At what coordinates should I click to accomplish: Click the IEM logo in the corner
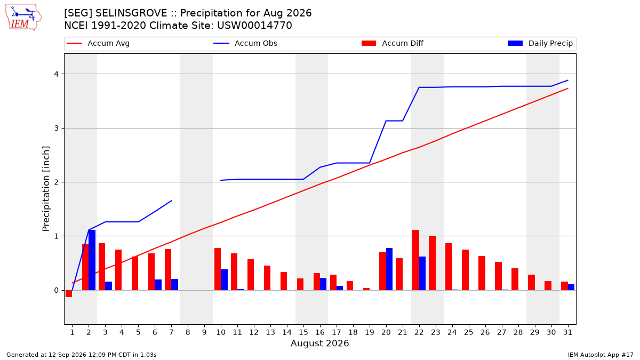pos(23,18)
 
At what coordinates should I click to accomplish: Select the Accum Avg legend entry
pos(98,43)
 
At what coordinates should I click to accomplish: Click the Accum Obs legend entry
pos(245,43)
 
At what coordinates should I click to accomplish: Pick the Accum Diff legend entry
pos(393,43)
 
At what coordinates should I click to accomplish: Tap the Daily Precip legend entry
pos(540,43)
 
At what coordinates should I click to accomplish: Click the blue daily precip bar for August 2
pos(92,260)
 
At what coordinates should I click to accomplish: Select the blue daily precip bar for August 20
pos(389,269)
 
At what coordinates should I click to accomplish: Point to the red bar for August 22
pos(415,260)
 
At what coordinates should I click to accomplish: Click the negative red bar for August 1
pos(69,294)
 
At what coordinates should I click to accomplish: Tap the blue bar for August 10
pos(224,279)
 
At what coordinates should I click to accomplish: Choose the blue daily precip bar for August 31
pos(571,287)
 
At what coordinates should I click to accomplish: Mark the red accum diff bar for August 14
pos(283,281)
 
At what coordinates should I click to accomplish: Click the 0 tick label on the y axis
pos(56,291)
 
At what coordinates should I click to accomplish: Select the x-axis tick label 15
pos(303,332)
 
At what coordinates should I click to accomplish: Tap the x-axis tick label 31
pos(567,332)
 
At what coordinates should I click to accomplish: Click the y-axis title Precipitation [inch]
pos(46,189)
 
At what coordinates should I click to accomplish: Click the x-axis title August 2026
pos(319,343)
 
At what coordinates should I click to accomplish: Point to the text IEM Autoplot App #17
pos(601,355)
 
